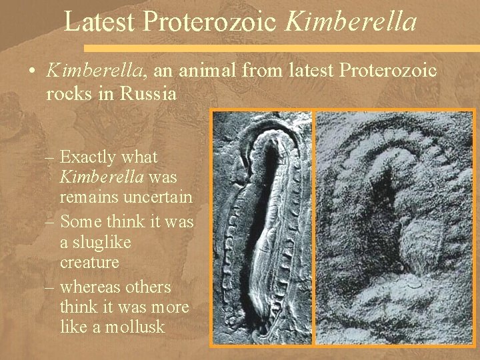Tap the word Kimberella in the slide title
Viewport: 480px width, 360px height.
pyautogui.click(x=351, y=21)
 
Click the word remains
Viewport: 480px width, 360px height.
pyautogui.click(x=89, y=197)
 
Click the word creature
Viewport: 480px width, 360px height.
pyautogui.click(x=89, y=263)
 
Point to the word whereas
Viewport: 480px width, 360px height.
pyautogui.click(x=91, y=287)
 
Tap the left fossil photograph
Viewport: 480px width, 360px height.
pyautogui.click(x=262, y=227)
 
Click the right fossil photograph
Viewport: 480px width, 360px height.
pyautogui.click(x=393, y=227)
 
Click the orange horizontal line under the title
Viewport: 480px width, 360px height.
pyautogui.click(x=280, y=49)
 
